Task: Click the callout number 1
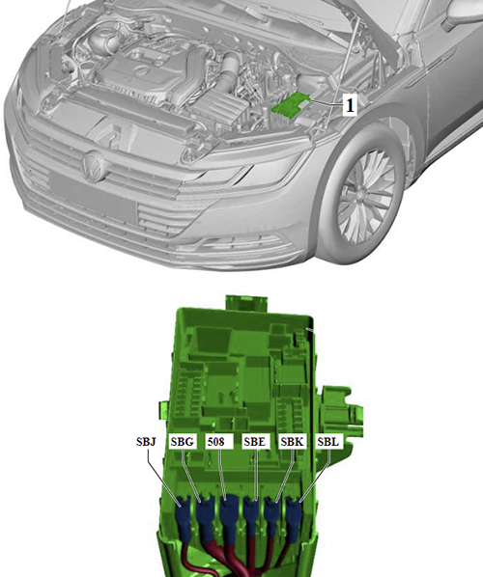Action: pos(350,105)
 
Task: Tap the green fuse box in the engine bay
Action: pos(291,105)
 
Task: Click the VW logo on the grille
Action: pos(93,167)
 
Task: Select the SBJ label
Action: pos(146,441)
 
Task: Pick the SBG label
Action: pos(182,441)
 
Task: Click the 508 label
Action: pos(219,441)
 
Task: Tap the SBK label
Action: pos(292,441)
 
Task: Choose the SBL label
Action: pos(328,441)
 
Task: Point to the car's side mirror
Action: pos(464,14)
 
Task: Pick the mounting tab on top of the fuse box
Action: pos(247,303)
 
